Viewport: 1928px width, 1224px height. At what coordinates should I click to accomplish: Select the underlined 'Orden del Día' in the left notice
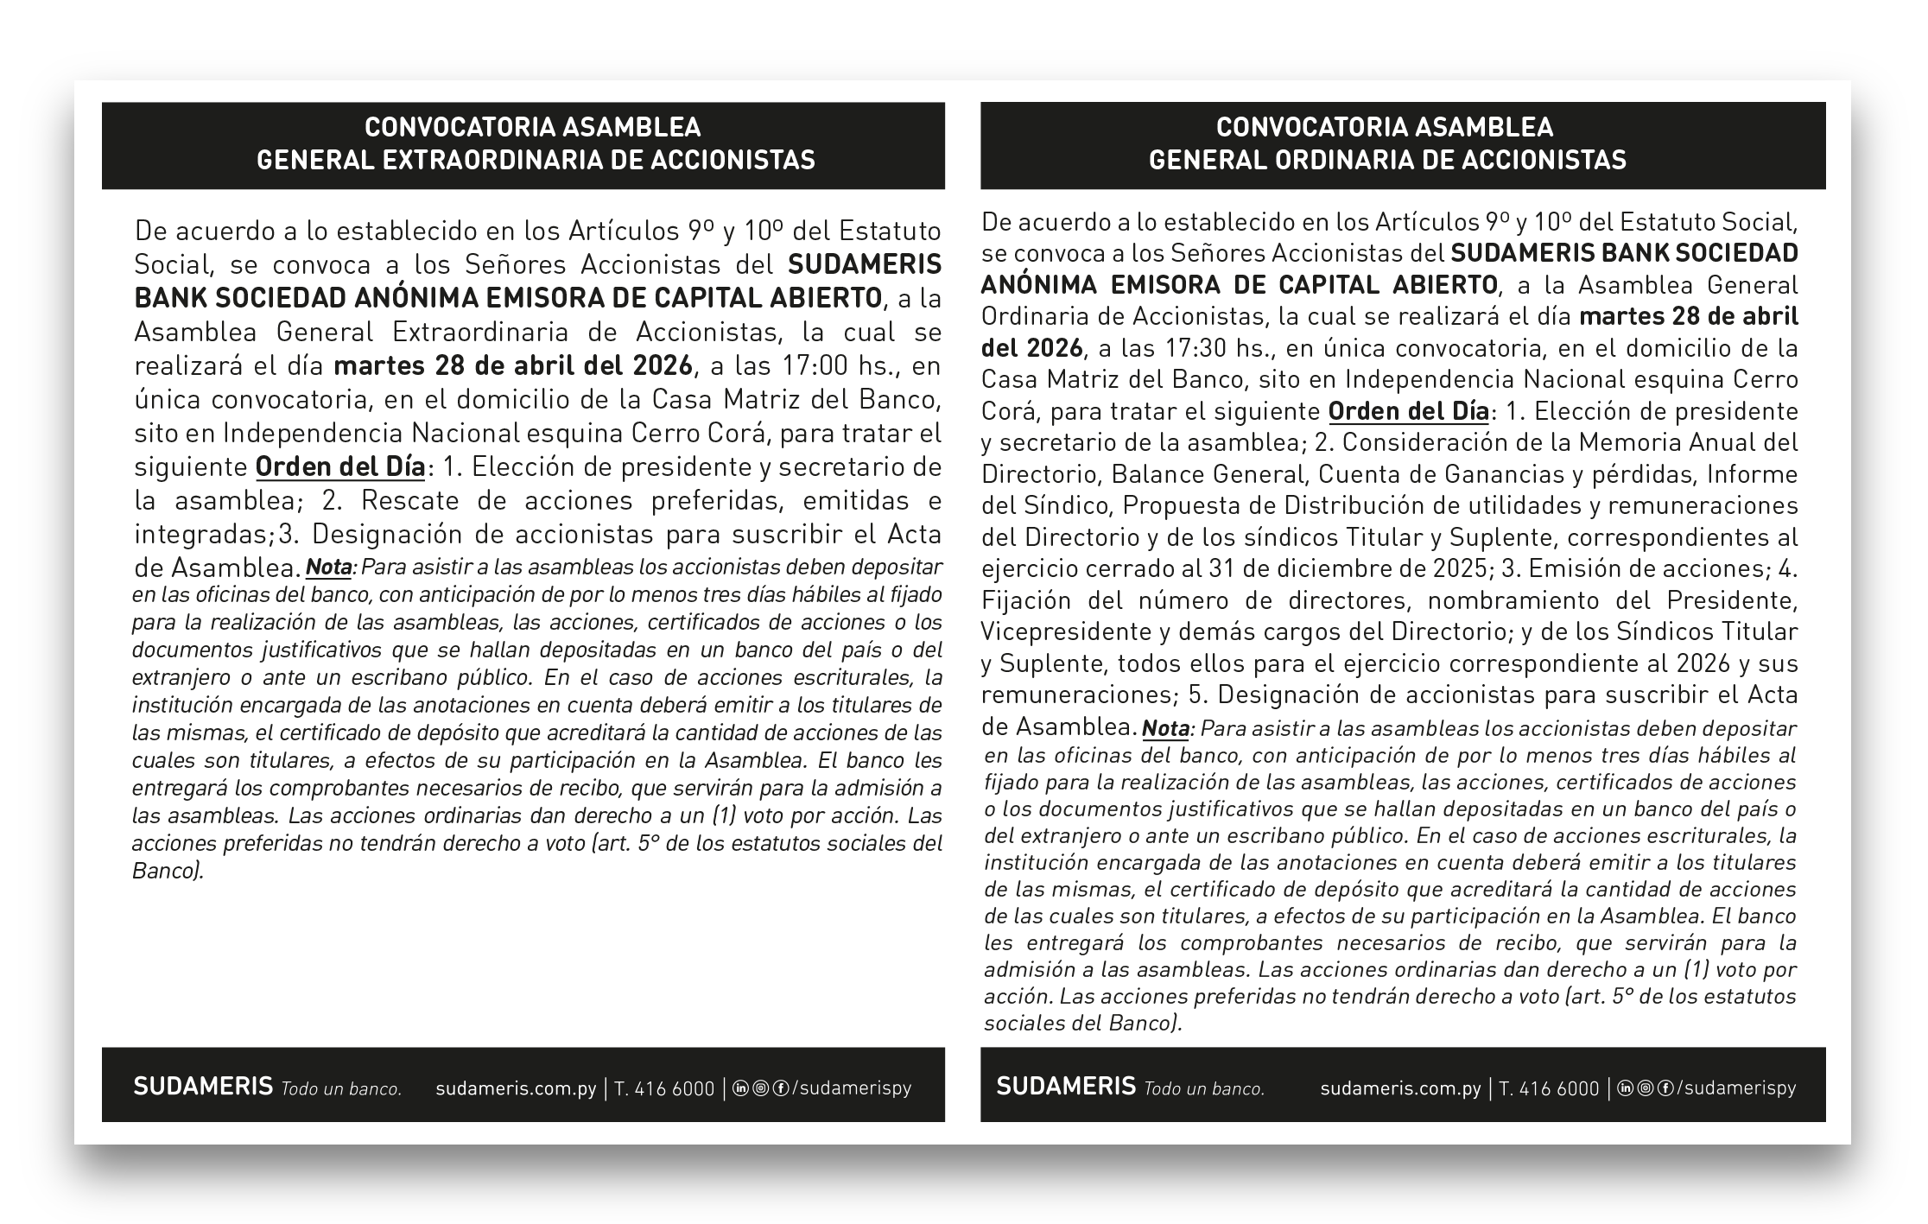point(340,467)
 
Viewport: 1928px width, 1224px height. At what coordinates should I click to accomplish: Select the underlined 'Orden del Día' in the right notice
point(1409,411)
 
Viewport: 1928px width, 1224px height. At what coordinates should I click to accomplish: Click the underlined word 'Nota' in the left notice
point(329,568)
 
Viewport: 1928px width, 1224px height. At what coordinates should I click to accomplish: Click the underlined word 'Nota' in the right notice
point(1165,728)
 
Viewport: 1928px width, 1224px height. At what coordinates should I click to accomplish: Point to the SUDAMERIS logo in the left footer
point(203,1086)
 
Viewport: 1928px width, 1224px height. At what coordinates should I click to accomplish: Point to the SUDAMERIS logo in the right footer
point(1066,1086)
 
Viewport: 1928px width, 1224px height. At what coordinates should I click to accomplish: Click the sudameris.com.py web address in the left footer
point(516,1088)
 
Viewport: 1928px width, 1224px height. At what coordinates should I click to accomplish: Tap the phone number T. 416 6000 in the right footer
point(1549,1088)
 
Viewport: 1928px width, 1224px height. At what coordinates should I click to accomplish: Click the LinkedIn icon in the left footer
point(740,1088)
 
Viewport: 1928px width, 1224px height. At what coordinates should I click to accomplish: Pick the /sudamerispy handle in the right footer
point(1736,1088)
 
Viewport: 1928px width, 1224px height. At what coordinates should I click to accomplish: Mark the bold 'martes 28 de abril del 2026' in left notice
point(513,365)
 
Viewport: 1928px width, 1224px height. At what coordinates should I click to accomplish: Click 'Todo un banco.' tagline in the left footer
point(341,1089)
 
